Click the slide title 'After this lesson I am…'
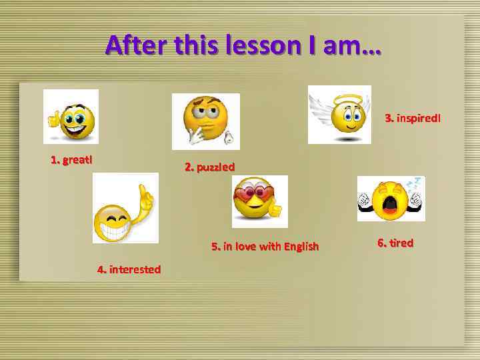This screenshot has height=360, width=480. (243, 45)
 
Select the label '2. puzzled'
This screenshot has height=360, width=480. (209, 167)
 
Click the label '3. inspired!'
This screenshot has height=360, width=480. (413, 118)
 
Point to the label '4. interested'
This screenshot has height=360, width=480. (129, 269)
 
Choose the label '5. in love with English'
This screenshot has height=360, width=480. (265, 246)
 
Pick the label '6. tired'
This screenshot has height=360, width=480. (395, 243)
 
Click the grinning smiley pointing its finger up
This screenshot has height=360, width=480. (125, 208)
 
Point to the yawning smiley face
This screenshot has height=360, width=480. (391, 198)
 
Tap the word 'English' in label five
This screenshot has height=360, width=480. (301, 246)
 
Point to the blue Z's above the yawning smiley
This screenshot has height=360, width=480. (414, 181)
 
